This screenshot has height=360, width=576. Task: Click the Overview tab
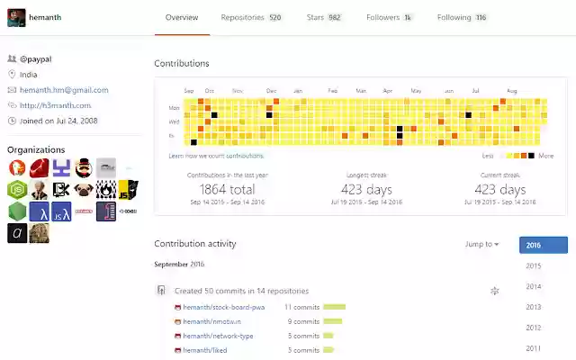click(182, 17)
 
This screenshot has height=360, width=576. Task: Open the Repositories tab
click(250, 17)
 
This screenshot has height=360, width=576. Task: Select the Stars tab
click(324, 17)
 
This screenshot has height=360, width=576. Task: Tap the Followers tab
click(390, 17)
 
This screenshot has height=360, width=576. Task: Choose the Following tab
click(462, 17)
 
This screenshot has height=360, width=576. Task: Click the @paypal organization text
click(37, 58)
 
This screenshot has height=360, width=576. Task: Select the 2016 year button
click(543, 245)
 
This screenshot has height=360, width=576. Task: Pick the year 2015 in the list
click(534, 265)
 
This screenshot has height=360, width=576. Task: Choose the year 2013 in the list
click(534, 307)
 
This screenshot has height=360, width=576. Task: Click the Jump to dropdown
click(481, 244)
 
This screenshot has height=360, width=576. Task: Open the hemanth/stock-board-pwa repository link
click(224, 307)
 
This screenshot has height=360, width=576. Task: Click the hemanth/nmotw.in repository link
click(211, 321)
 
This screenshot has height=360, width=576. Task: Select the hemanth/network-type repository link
click(218, 336)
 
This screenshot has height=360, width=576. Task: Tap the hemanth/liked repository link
click(204, 350)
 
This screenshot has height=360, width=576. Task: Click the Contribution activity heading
click(194, 244)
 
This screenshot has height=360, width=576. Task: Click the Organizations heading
click(36, 149)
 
